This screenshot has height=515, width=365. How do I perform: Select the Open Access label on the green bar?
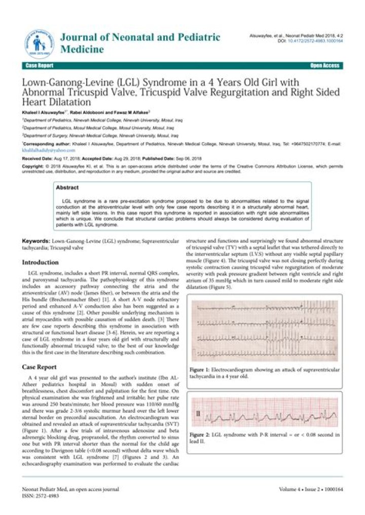coord(324,66)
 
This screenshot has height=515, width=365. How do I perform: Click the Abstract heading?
coord(67,187)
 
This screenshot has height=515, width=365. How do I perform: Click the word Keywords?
coord(37,243)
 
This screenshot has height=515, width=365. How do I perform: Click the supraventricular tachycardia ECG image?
coord(264,331)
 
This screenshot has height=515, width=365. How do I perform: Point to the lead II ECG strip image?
coord(264,413)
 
